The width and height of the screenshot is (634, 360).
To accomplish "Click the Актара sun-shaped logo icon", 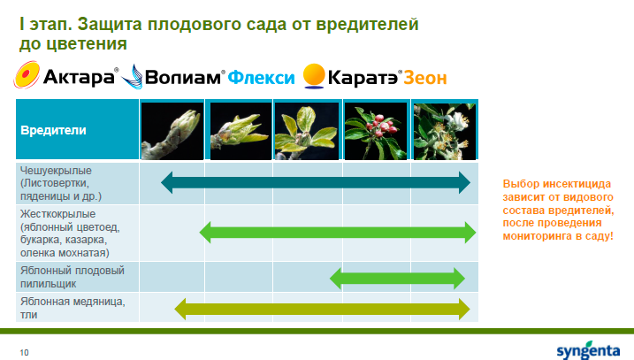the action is pyautogui.click(x=27, y=75).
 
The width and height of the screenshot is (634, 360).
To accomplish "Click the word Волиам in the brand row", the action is pyautogui.click(x=183, y=77).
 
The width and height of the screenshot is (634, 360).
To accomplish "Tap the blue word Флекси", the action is pyautogui.click(x=261, y=78).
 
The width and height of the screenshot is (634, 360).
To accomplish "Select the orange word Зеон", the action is pyautogui.click(x=425, y=78).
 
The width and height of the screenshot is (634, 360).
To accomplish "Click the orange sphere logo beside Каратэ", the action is pyautogui.click(x=314, y=76).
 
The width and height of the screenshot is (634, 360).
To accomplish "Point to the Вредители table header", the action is pyautogui.click(x=53, y=130).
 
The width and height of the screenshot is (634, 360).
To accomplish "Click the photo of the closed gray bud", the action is pyautogui.click(x=172, y=131).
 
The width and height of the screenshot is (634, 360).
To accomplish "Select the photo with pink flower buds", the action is pyautogui.click(x=375, y=131).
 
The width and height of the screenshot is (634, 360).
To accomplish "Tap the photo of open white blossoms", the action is pyautogui.click(x=445, y=131).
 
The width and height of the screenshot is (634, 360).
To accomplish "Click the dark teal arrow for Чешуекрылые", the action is pyautogui.click(x=316, y=182).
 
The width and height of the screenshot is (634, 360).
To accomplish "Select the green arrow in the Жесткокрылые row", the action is pyautogui.click(x=338, y=232).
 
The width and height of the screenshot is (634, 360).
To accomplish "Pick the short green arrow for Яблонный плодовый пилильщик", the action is pyautogui.click(x=397, y=279).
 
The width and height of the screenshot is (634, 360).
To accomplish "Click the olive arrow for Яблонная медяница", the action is pyautogui.click(x=322, y=309).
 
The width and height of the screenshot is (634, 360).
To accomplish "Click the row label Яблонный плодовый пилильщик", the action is pyautogui.click(x=73, y=277).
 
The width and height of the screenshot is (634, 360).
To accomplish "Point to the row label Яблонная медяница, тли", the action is pyautogui.click(x=73, y=308).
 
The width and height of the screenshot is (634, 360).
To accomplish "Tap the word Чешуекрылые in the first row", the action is pyautogui.click(x=56, y=171).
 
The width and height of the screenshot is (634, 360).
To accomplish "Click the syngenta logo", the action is pyautogui.click(x=588, y=350).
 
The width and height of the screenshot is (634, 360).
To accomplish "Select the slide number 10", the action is pyautogui.click(x=24, y=352).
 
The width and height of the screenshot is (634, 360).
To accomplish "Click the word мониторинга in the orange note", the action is pyautogui.click(x=532, y=236).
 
